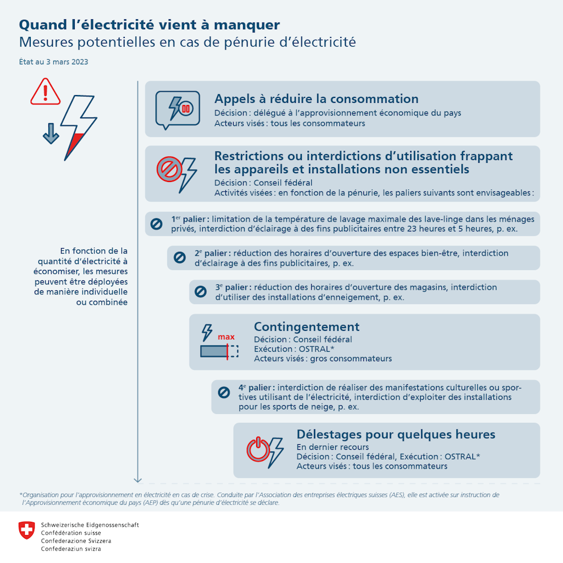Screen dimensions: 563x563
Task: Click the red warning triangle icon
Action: click(46, 92)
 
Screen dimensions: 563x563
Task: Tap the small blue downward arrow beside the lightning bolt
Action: click(51, 134)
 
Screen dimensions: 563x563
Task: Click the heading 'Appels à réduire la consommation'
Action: click(316, 99)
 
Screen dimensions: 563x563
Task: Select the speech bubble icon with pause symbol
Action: click(177, 109)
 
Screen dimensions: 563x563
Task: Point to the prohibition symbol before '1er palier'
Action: click(156, 224)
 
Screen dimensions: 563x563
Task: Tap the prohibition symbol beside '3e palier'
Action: click(201, 292)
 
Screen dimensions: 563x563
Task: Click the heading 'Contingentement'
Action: click(306, 327)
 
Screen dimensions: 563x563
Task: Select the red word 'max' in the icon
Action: click(226, 336)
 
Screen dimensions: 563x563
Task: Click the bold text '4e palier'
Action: click(256, 388)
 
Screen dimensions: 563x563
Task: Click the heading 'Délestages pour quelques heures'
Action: click(395, 434)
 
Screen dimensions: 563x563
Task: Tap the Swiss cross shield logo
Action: click(26, 530)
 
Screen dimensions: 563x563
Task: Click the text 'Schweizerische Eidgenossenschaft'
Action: click(90, 525)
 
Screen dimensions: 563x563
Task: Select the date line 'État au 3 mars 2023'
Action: click(53, 62)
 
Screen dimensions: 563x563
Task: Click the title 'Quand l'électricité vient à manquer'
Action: click(150, 25)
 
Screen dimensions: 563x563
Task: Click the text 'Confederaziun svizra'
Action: click(71, 549)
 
